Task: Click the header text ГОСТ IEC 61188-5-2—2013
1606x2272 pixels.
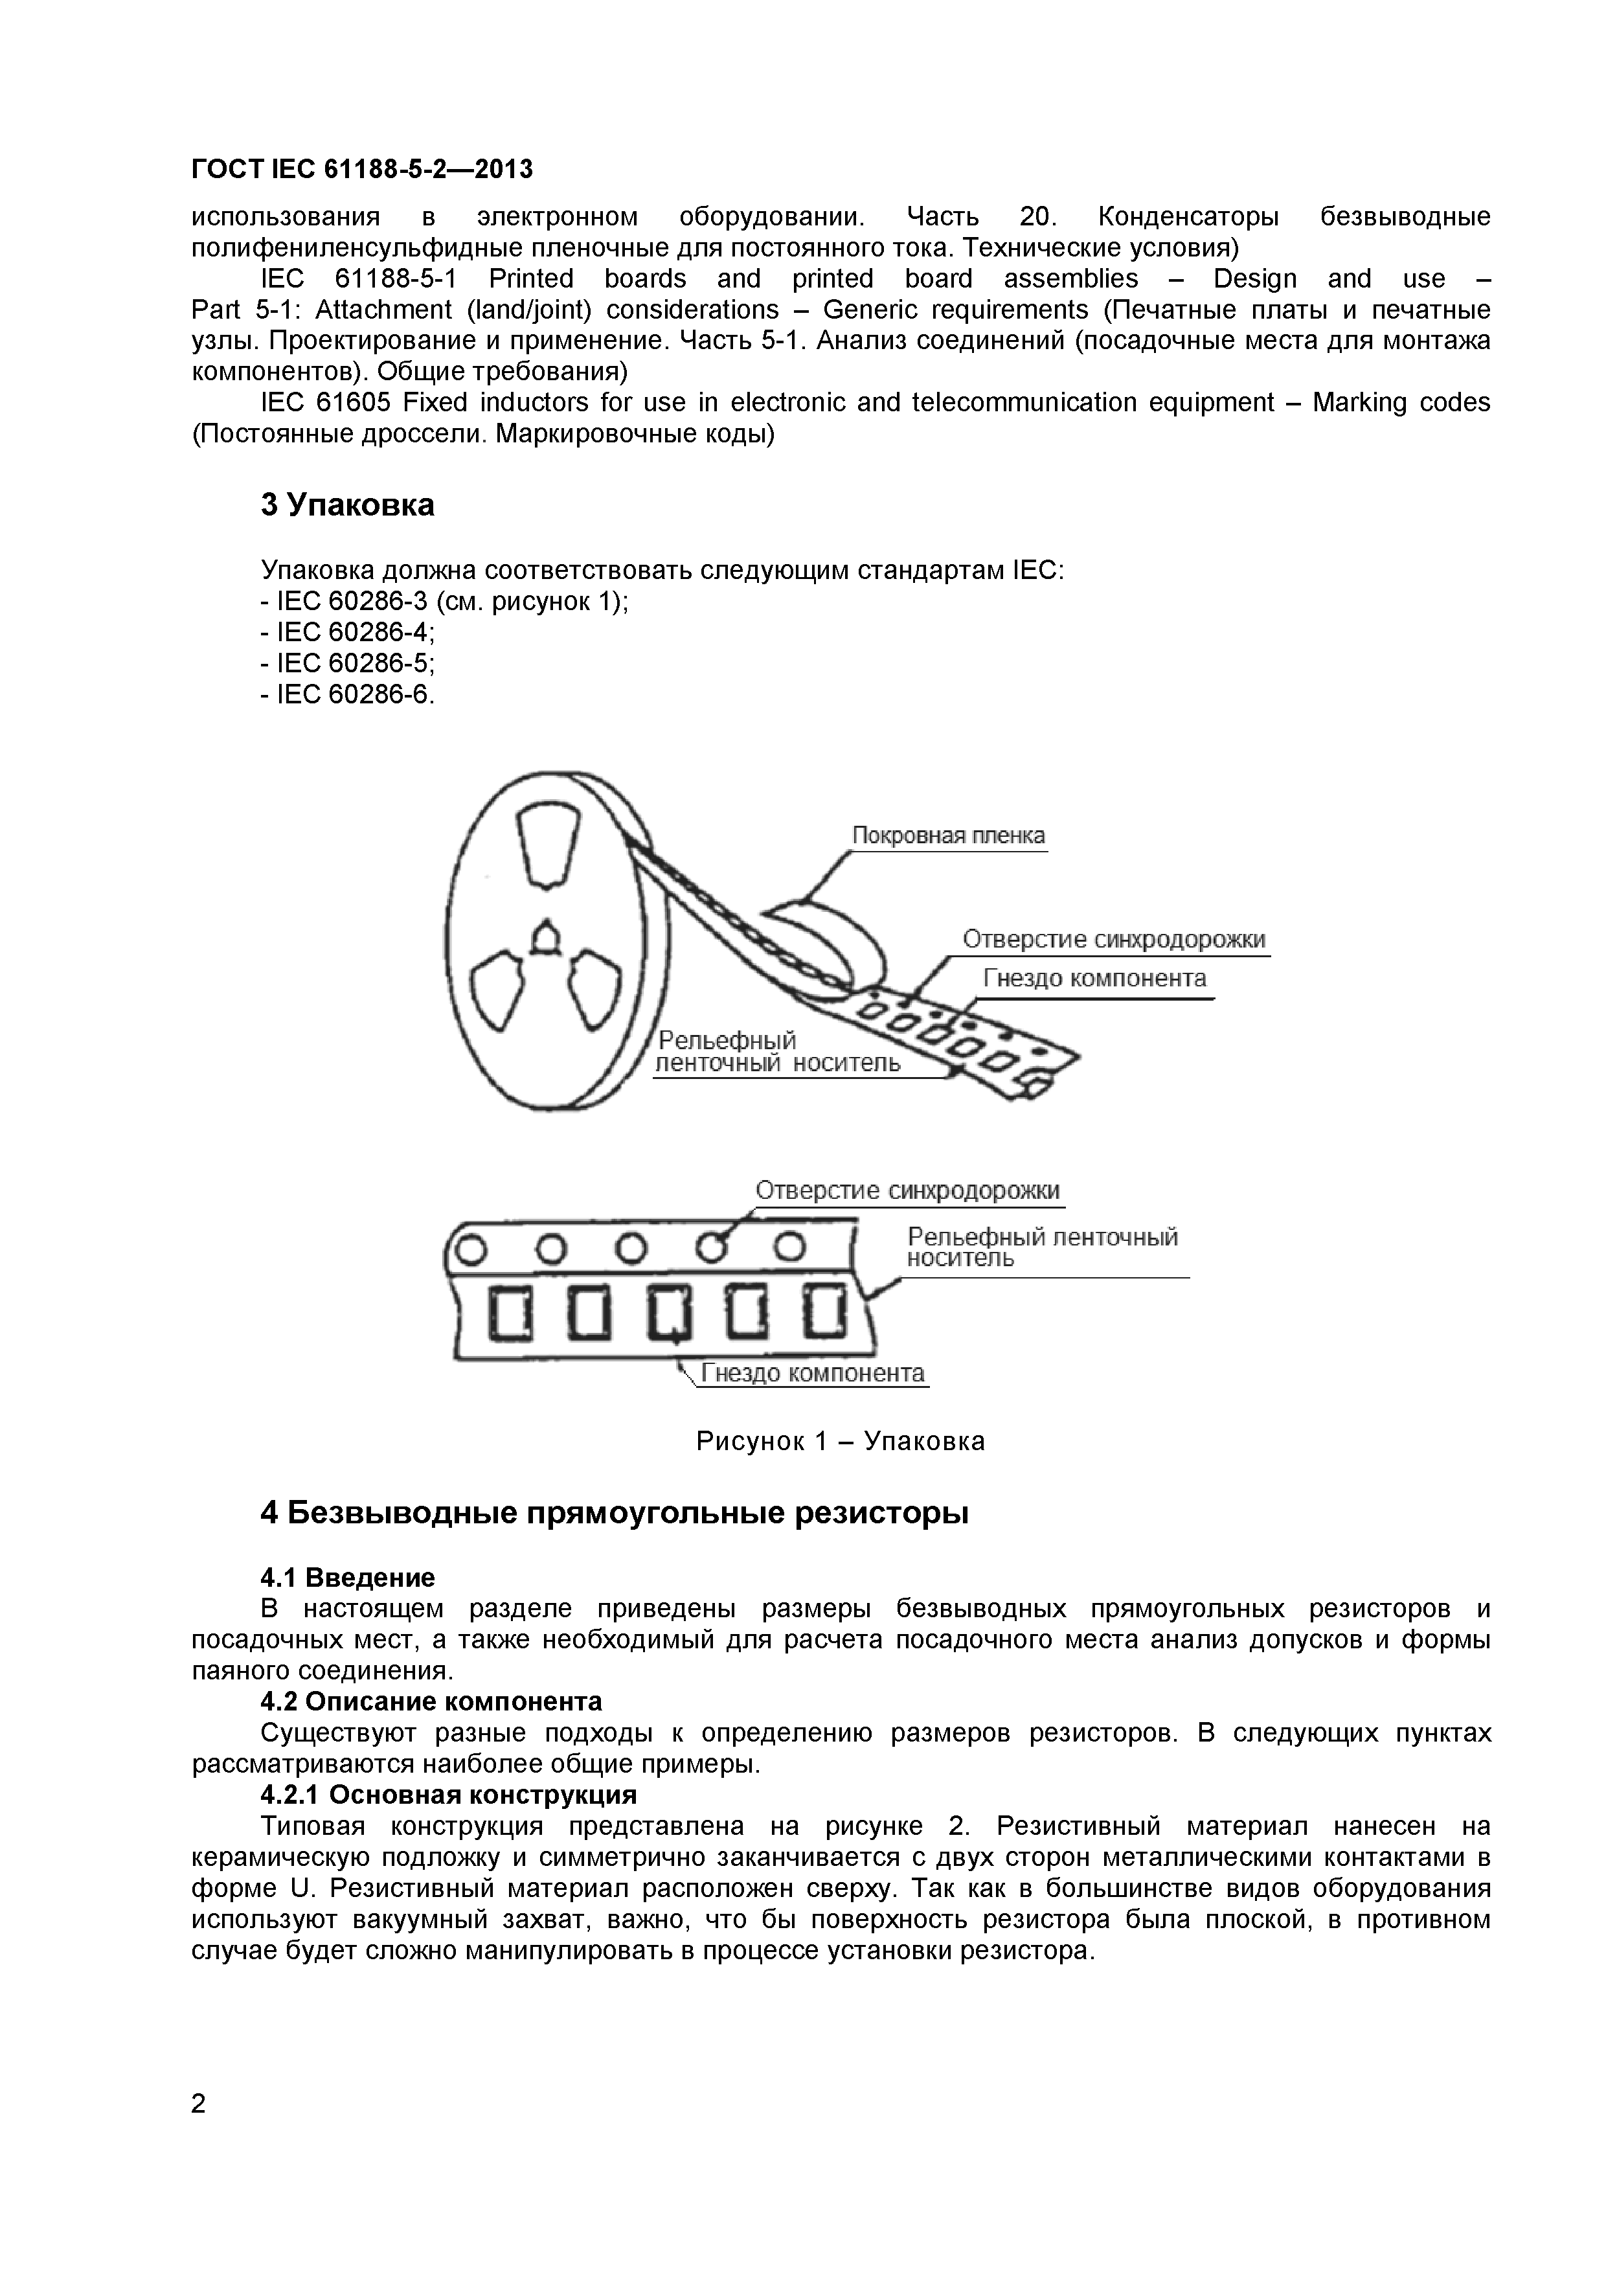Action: pyautogui.click(x=361, y=170)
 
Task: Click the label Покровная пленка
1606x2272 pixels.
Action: pyautogui.click(x=948, y=836)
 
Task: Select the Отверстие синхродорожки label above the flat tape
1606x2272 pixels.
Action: pyautogui.click(x=907, y=1190)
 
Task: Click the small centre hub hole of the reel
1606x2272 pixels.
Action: pyautogui.click(x=544, y=936)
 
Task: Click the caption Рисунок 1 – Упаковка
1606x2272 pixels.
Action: pyautogui.click(x=840, y=1441)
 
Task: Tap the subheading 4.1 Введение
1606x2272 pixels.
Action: pyautogui.click(x=347, y=1577)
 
